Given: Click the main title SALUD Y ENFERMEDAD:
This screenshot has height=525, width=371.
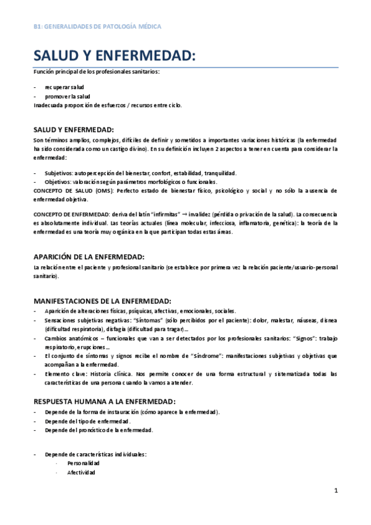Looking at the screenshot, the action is click(x=115, y=56).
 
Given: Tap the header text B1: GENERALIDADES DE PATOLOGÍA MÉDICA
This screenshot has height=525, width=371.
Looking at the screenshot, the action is click(x=97, y=27).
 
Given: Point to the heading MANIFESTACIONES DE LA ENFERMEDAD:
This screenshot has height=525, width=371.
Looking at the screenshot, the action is click(x=102, y=300).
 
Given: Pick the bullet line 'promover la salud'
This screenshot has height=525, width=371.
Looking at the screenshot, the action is click(x=68, y=97).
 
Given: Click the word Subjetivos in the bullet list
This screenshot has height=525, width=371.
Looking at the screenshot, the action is click(x=58, y=173).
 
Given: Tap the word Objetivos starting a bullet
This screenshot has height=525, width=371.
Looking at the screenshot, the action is click(x=58, y=182).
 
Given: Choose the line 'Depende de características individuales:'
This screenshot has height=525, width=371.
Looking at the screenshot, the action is click(x=95, y=454).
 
